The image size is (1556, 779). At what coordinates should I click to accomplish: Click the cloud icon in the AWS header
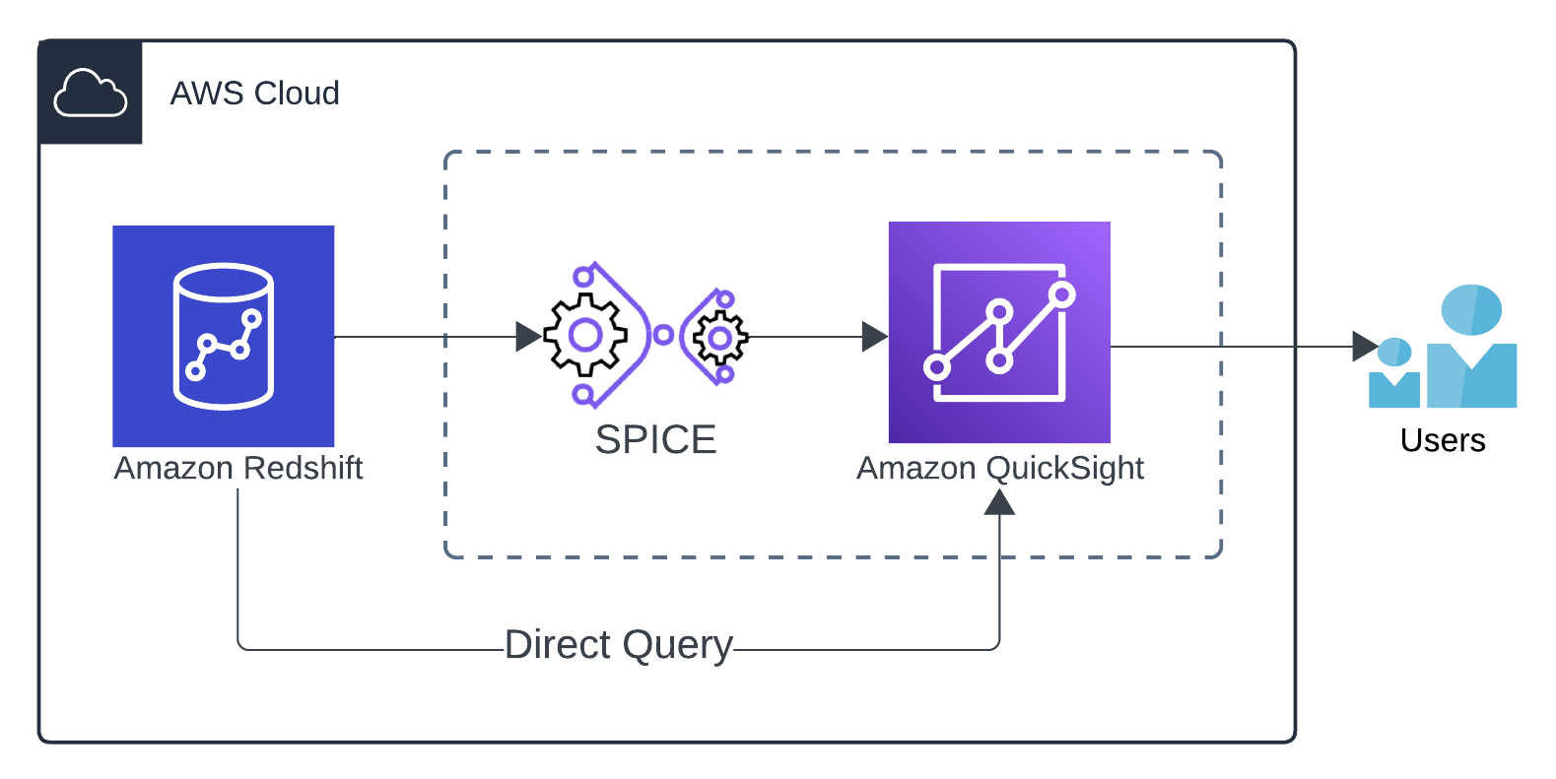click(x=90, y=94)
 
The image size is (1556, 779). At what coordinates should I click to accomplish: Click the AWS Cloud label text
click(x=254, y=94)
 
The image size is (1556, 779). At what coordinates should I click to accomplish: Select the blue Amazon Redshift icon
click(x=224, y=337)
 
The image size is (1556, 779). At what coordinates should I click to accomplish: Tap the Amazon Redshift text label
click(x=238, y=468)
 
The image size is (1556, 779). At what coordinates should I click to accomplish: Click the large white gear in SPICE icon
click(x=585, y=336)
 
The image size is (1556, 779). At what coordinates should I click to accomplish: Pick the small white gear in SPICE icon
click(x=720, y=339)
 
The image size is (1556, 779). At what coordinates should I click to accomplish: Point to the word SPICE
click(x=655, y=440)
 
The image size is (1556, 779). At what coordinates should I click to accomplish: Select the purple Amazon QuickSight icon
click(x=999, y=333)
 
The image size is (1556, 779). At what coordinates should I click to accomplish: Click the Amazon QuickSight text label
click(x=999, y=469)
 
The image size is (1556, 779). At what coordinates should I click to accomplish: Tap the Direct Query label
click(x=618, y=645)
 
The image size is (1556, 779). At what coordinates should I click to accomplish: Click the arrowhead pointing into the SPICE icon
click(x=529, y=337)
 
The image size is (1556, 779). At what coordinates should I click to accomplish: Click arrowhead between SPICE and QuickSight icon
click(x=874, y=337)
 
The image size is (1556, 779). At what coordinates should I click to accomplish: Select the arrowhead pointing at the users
click(x=1365, y=347)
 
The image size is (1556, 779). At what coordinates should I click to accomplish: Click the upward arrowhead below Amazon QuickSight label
click(x=999, y=501)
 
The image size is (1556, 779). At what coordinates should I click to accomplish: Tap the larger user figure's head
click(x=1471, y=309)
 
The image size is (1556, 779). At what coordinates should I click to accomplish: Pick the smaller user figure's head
click(x=1394, y=352)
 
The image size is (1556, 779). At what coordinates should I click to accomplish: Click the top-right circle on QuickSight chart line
click(x=1062, y=293)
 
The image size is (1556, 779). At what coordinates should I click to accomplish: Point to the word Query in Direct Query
click(x=677, y=646)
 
